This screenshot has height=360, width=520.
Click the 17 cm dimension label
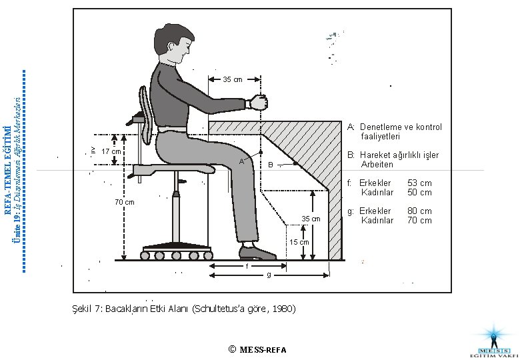point(111,152)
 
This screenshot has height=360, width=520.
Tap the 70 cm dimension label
point(125,201)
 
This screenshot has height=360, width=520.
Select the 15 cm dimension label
point(299,242)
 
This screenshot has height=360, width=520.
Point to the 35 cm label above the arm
point(233,80)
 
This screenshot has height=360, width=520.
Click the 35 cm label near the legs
point(311,219)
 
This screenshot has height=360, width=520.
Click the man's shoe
point(257,253)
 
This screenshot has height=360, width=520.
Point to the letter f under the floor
point(247,267)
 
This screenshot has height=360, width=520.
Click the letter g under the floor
point(268,275)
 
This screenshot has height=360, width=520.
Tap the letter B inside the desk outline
point(270,165)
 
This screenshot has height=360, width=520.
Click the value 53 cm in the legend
point(419,183)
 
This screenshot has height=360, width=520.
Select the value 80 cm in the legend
point(419,211)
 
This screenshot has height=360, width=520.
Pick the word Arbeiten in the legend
point(377,164)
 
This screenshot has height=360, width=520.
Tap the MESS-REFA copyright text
point(261,349)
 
